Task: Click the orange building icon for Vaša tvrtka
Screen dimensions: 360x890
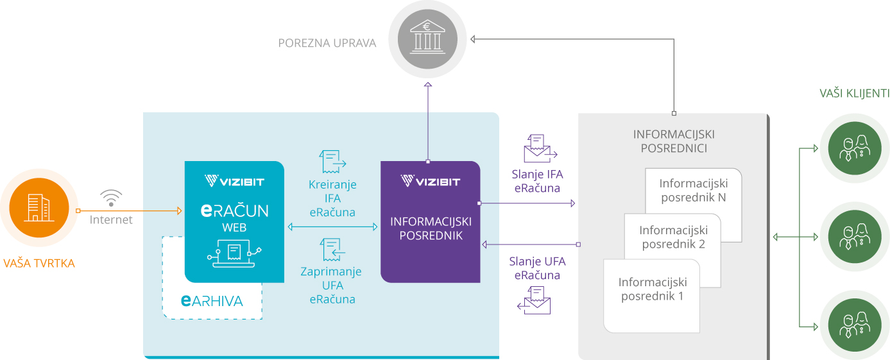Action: (39, 209)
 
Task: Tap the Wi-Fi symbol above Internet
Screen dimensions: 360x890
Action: (111, 198)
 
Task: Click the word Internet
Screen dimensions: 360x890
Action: (111, 220)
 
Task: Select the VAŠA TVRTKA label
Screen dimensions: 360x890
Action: (39, 263)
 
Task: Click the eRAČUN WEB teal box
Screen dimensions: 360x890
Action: (234, 221)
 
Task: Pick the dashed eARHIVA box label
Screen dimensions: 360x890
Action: (212, 301)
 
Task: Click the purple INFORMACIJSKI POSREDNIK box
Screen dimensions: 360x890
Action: (431, 221)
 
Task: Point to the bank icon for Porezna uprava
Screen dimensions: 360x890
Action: (428, 36)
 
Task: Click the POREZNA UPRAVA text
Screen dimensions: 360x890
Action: (327, 44)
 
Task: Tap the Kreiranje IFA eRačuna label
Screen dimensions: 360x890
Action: (332, 198)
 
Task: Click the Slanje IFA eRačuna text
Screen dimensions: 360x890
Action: (537, 180)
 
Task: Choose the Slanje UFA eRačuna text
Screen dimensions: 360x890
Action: (537, 268)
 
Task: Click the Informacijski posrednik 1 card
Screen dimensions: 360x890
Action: (652, 295)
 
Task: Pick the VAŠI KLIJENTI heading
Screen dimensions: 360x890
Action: (854, 94)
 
